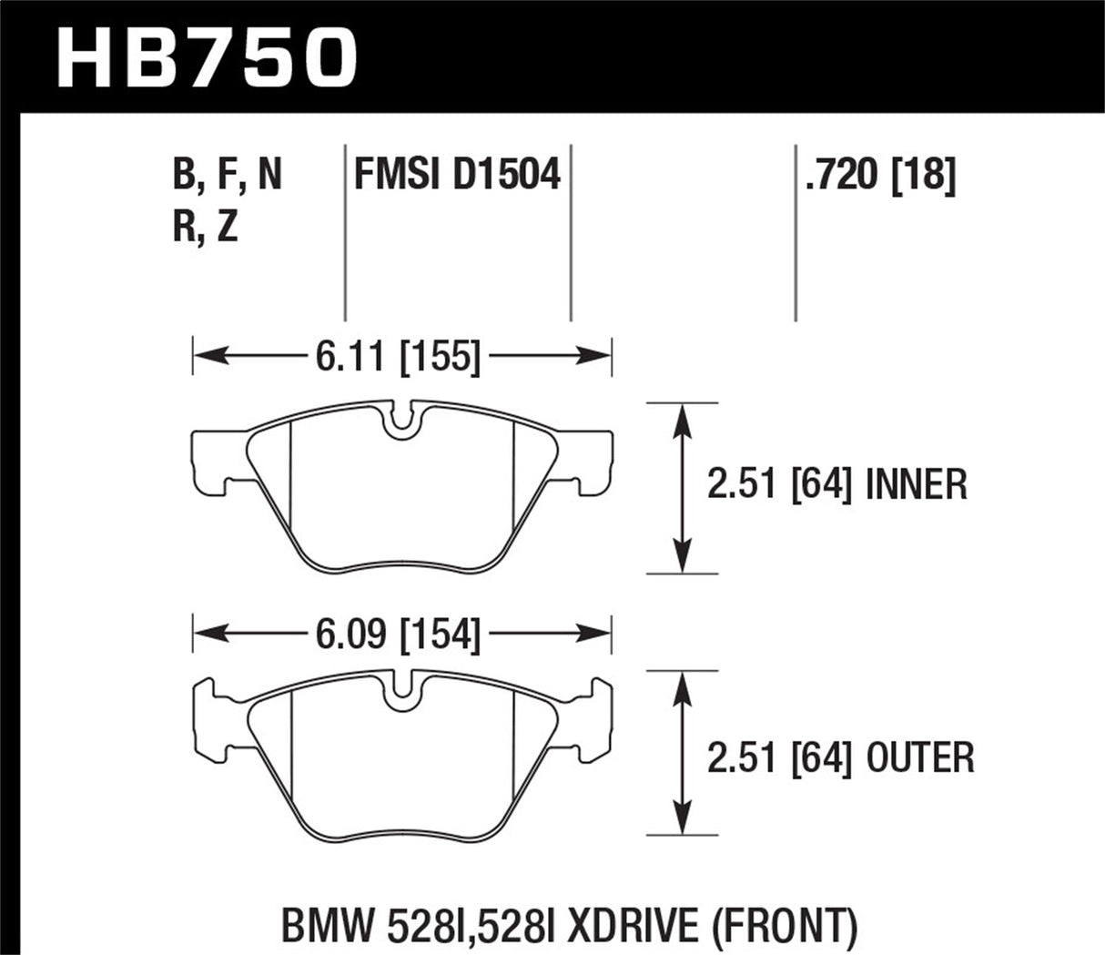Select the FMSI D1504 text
[457, 173]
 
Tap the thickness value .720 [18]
[879, 173]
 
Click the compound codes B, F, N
[228, 173]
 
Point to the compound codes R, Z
[205, 225]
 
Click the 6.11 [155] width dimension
[398, 356]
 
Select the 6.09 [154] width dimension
[398, 634]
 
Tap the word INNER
[916, 484]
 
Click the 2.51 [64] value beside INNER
[779, 484]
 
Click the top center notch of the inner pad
[400, 422]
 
